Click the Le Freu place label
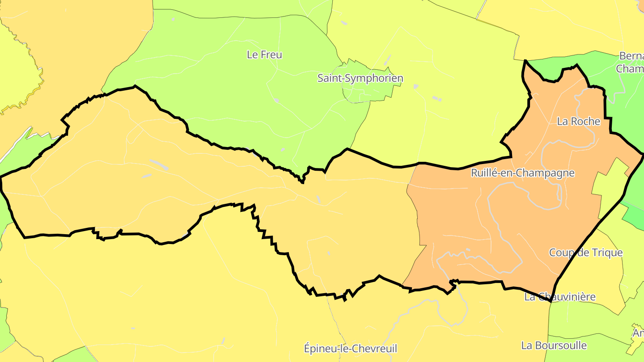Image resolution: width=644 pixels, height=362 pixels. (264, 55)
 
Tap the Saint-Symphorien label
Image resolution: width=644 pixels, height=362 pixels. (360, 78)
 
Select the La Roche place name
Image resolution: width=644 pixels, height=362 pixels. (578, 121)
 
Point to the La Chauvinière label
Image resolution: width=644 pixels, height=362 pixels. (559, 297)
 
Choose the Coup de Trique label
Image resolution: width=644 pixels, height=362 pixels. (585, 253)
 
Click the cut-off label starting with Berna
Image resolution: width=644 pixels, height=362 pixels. (631, 56)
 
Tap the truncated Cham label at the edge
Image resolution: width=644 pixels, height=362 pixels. (630, 69)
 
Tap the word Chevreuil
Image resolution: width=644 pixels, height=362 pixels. (375, 349)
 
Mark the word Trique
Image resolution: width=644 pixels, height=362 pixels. (608, 253)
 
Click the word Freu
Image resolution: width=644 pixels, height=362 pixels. (271, 55)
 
